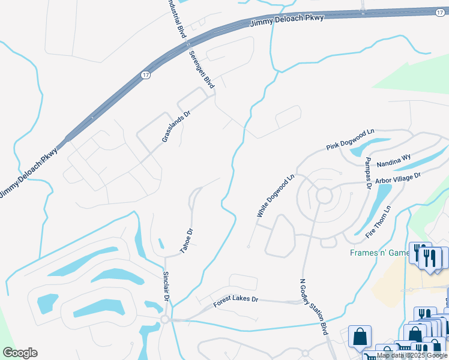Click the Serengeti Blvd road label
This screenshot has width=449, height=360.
[202, 70]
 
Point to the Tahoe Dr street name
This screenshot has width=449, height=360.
[187, 240]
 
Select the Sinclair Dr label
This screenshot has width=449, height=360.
[167, 286]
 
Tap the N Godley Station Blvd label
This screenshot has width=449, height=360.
[314, 306]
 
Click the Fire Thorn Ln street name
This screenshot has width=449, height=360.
[379, 220]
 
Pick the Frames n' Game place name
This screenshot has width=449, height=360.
[379, 253]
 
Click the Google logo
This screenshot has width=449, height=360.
[20, 353]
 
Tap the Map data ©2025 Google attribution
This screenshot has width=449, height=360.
[412, 355]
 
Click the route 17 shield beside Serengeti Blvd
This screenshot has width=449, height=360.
[146, 75]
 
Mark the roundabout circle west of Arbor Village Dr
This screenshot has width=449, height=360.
[324, 196]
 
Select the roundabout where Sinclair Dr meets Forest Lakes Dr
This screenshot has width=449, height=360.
[164, 319]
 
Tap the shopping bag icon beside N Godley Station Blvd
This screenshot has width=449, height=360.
[360, 337]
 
